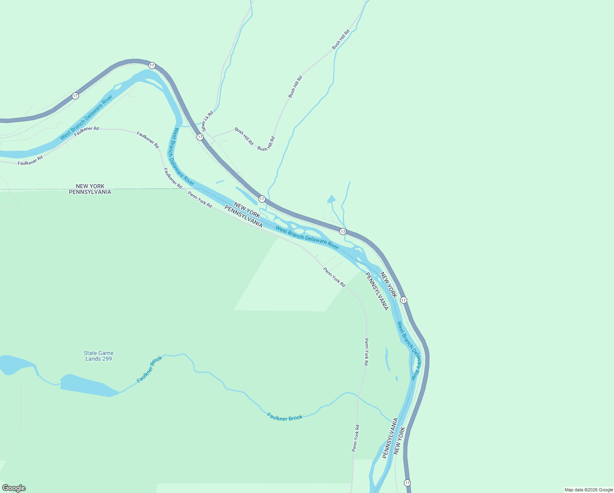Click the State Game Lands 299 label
[99, 356]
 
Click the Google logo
[14, 488]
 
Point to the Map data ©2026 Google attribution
[589, 490]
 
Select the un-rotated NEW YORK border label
[90, 186]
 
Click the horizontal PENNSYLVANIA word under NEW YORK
[90, 192]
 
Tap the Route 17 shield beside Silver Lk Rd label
[200, 136]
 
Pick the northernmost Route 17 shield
[152, 65]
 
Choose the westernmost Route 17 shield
[75, 96]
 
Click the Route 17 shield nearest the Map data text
[407, 483]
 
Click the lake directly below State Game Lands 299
[88, 385]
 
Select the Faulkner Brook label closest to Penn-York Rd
[285, 417]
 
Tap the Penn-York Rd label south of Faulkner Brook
[355, 438]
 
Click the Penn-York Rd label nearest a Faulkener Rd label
[200, 199]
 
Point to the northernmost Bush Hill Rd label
[341, 39]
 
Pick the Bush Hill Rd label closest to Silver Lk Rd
[244, 136]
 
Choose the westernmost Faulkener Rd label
[30, 160]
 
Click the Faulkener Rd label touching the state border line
[173, 178]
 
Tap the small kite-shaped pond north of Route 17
[331, 199]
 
